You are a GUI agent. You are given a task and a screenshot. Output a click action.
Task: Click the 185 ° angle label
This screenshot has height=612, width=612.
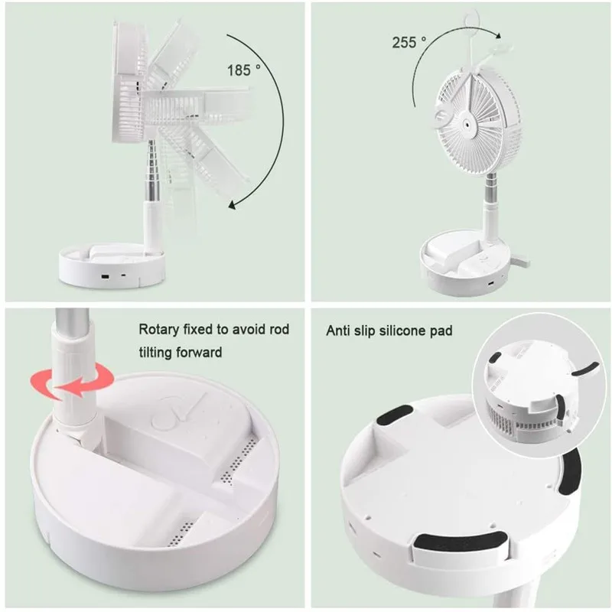[249, 70]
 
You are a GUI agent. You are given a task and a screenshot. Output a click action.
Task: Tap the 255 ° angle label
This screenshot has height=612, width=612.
[409, 43]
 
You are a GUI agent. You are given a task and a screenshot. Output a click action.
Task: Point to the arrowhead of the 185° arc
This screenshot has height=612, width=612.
[232, 203]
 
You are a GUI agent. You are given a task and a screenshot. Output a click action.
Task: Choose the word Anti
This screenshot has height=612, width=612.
[340, 331]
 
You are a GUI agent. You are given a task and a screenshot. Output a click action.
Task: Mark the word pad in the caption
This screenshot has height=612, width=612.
[441, 331]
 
